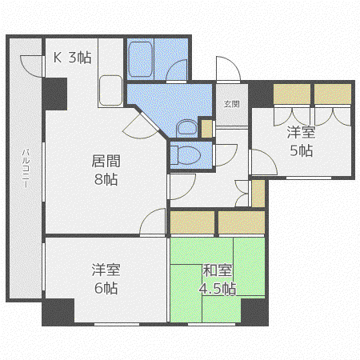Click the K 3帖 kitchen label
[72, 57]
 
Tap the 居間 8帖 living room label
[106, 170]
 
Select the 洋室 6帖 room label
[106, 278]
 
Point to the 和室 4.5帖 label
[218, 279]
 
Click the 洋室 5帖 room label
[301, 142]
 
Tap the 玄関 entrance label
[232, 104]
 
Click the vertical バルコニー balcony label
[26, 168]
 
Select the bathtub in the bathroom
[141, 59]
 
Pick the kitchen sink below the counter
[110, 90]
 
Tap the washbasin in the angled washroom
[186, 128]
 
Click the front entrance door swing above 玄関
[228, 68]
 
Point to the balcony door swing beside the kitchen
[31, 66]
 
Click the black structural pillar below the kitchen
[55, 94]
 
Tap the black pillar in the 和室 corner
[254, 311]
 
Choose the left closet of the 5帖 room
[292, 94]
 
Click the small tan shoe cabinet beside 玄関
[206, 129]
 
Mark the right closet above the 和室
[242, 222]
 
